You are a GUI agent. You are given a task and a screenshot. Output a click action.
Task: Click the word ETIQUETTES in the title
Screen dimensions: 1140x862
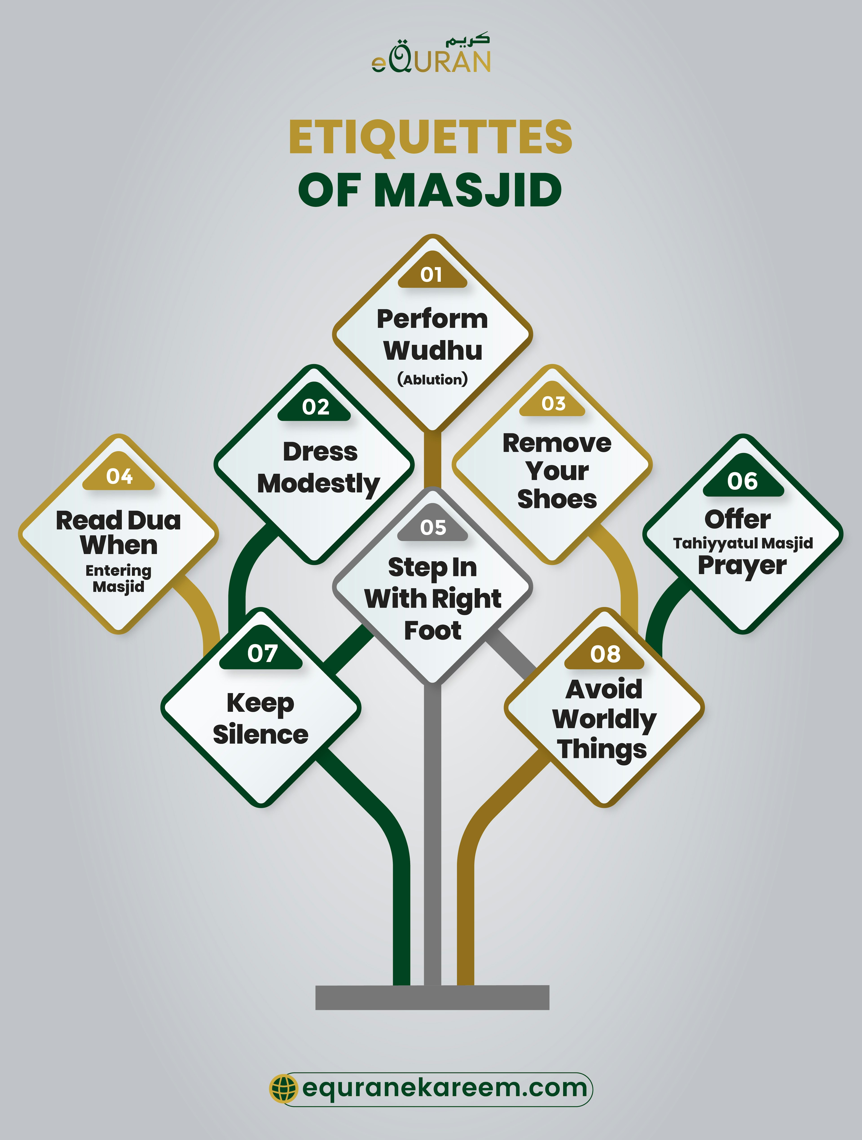(x=431, y=137)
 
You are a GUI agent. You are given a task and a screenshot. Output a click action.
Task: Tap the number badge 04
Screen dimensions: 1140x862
(x=119, y=476)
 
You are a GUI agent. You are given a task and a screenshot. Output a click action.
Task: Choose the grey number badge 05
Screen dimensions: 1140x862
(x=433, y=527)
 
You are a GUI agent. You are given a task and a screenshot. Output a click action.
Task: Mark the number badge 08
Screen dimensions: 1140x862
(x=605, y=654)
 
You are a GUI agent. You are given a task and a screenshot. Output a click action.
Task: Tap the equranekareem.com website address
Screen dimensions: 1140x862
(x=444, y=1088)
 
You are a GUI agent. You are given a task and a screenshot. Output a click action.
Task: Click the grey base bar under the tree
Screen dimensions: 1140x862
(x=432, y=997)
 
